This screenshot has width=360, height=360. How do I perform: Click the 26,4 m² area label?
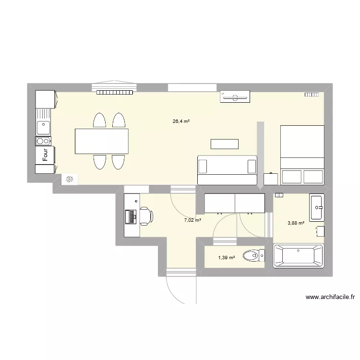click(181, 121)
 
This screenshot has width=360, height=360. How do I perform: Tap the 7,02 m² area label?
click(192, 220)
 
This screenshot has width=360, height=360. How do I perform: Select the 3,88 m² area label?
click(296, 223)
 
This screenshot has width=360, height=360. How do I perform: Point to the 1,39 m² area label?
click(227, 258)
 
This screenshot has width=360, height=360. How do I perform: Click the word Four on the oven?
click(46, 155)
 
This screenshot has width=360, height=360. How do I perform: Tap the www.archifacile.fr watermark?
click(332, 298)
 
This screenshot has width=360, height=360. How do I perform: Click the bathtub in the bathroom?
click(298, 255)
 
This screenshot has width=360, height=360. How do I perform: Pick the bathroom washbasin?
click(317, 208)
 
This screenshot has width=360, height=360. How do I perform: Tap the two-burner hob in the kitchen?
click(43, 141)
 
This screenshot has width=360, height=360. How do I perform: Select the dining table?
click(101, 141)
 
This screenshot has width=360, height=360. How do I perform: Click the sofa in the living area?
click(227, 169)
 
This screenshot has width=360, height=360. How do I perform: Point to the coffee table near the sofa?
click(224, 144)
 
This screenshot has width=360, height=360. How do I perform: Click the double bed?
click(302, 155)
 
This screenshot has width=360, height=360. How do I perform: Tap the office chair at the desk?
click(146, 216)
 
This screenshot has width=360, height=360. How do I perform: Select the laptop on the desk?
click(131, 216)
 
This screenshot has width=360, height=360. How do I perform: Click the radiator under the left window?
click(115, 92)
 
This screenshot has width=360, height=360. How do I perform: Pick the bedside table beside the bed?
click(271, 179)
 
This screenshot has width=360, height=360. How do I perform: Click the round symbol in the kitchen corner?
click(70, 180)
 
